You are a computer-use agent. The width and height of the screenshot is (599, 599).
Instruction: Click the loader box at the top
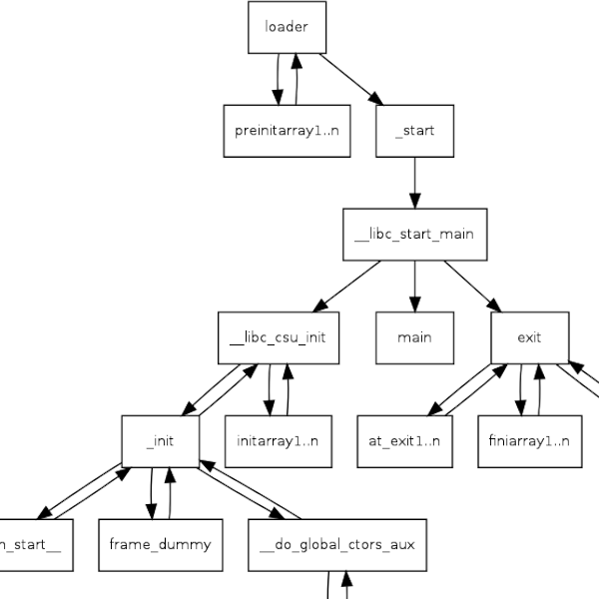pyautogui.click(x=287, y=27)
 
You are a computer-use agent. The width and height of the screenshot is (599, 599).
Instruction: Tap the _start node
pyautogui.click(x=414, y=131)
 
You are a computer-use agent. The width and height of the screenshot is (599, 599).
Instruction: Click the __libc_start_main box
pyautogui.click(x=414, y=235)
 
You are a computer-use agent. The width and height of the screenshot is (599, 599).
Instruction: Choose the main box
pyautogui.click(x=414, y=337)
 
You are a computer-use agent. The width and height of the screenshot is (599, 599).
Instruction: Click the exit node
pyautogui.click(x=529, y=337)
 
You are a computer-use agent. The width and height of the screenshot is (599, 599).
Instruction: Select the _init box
pyautogui.click(x=159, y=440)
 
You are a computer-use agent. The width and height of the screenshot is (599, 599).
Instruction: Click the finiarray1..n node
pyautogui.click(x=529, y=440)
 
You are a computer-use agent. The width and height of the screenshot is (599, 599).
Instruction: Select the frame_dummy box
pyautogui.click(x=159, y=545)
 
